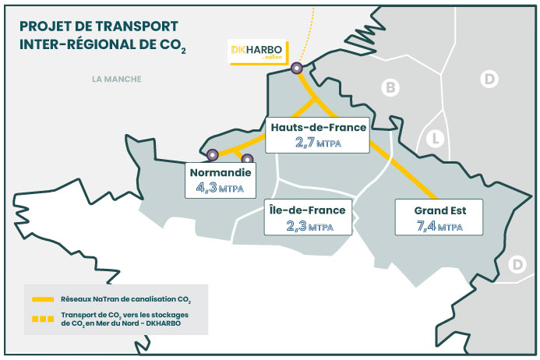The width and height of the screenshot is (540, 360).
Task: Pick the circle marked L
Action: pyautogui.click(x=436, y=140)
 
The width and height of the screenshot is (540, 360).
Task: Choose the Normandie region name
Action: pyautogui.click(x=219, y=171)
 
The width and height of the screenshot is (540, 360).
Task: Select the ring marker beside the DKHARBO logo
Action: pyautogui.click(x=297, y=69)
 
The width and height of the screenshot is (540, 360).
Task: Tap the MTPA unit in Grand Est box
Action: pyautogui.click(x=450, y=228)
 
